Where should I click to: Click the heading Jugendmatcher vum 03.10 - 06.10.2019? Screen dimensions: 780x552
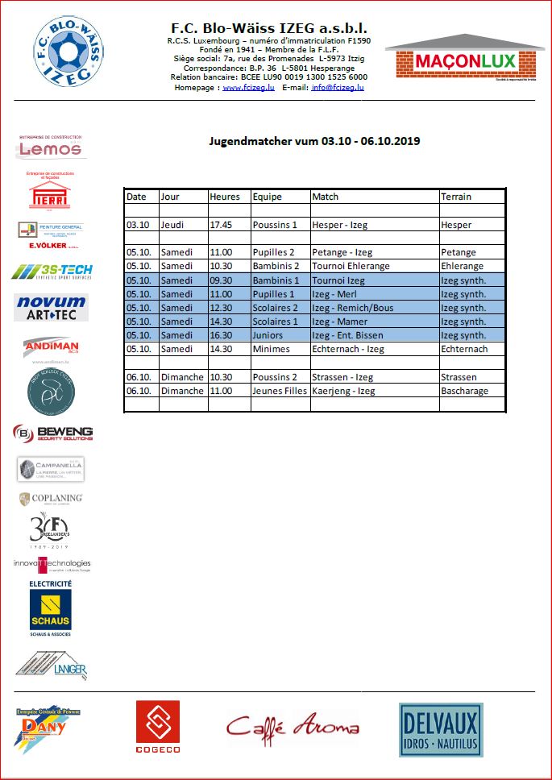click(x=314, y=141)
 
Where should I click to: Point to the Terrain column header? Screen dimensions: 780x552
click(x=456, y=197)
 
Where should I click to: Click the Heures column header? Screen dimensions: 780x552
click(x=225, y=197)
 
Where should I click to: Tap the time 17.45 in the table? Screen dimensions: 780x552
click(x=221, y=225)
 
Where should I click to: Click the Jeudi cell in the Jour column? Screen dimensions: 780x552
click(x=173, y=225)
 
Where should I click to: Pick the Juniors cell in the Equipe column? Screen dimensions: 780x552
click(x=268, y=335)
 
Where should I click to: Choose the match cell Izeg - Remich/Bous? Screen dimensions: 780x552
click(x=352, y=308)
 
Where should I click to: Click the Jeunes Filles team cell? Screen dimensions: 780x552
click(x=279, y=391)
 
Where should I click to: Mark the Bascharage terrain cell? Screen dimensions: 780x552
click(x=464, y=391)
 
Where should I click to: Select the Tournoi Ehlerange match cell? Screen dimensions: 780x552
click(x=351, y=266)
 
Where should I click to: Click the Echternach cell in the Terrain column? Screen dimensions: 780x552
click(x=464, y=349)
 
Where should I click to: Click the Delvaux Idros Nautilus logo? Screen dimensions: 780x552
click(x=439, y=729)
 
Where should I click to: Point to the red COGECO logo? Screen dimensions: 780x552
click(x=157, y=727)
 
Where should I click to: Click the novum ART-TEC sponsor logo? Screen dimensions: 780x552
click(x=51, y=307)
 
